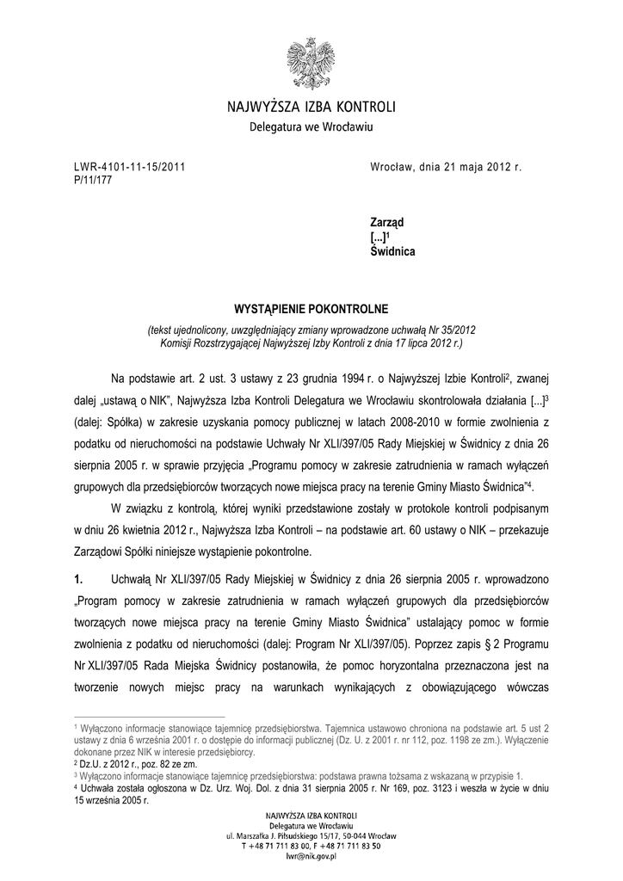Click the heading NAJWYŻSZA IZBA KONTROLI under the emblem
[311, 108]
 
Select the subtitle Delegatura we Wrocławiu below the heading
[311, 127]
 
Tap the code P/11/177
[91, 179]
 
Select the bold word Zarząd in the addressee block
[387, 222]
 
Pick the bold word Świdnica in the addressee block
[392, 252]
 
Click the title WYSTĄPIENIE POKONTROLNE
[312, 308]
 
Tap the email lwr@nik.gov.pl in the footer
[311, 856]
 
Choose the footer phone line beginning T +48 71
[311, 846]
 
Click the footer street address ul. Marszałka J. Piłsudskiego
[311, 835]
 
